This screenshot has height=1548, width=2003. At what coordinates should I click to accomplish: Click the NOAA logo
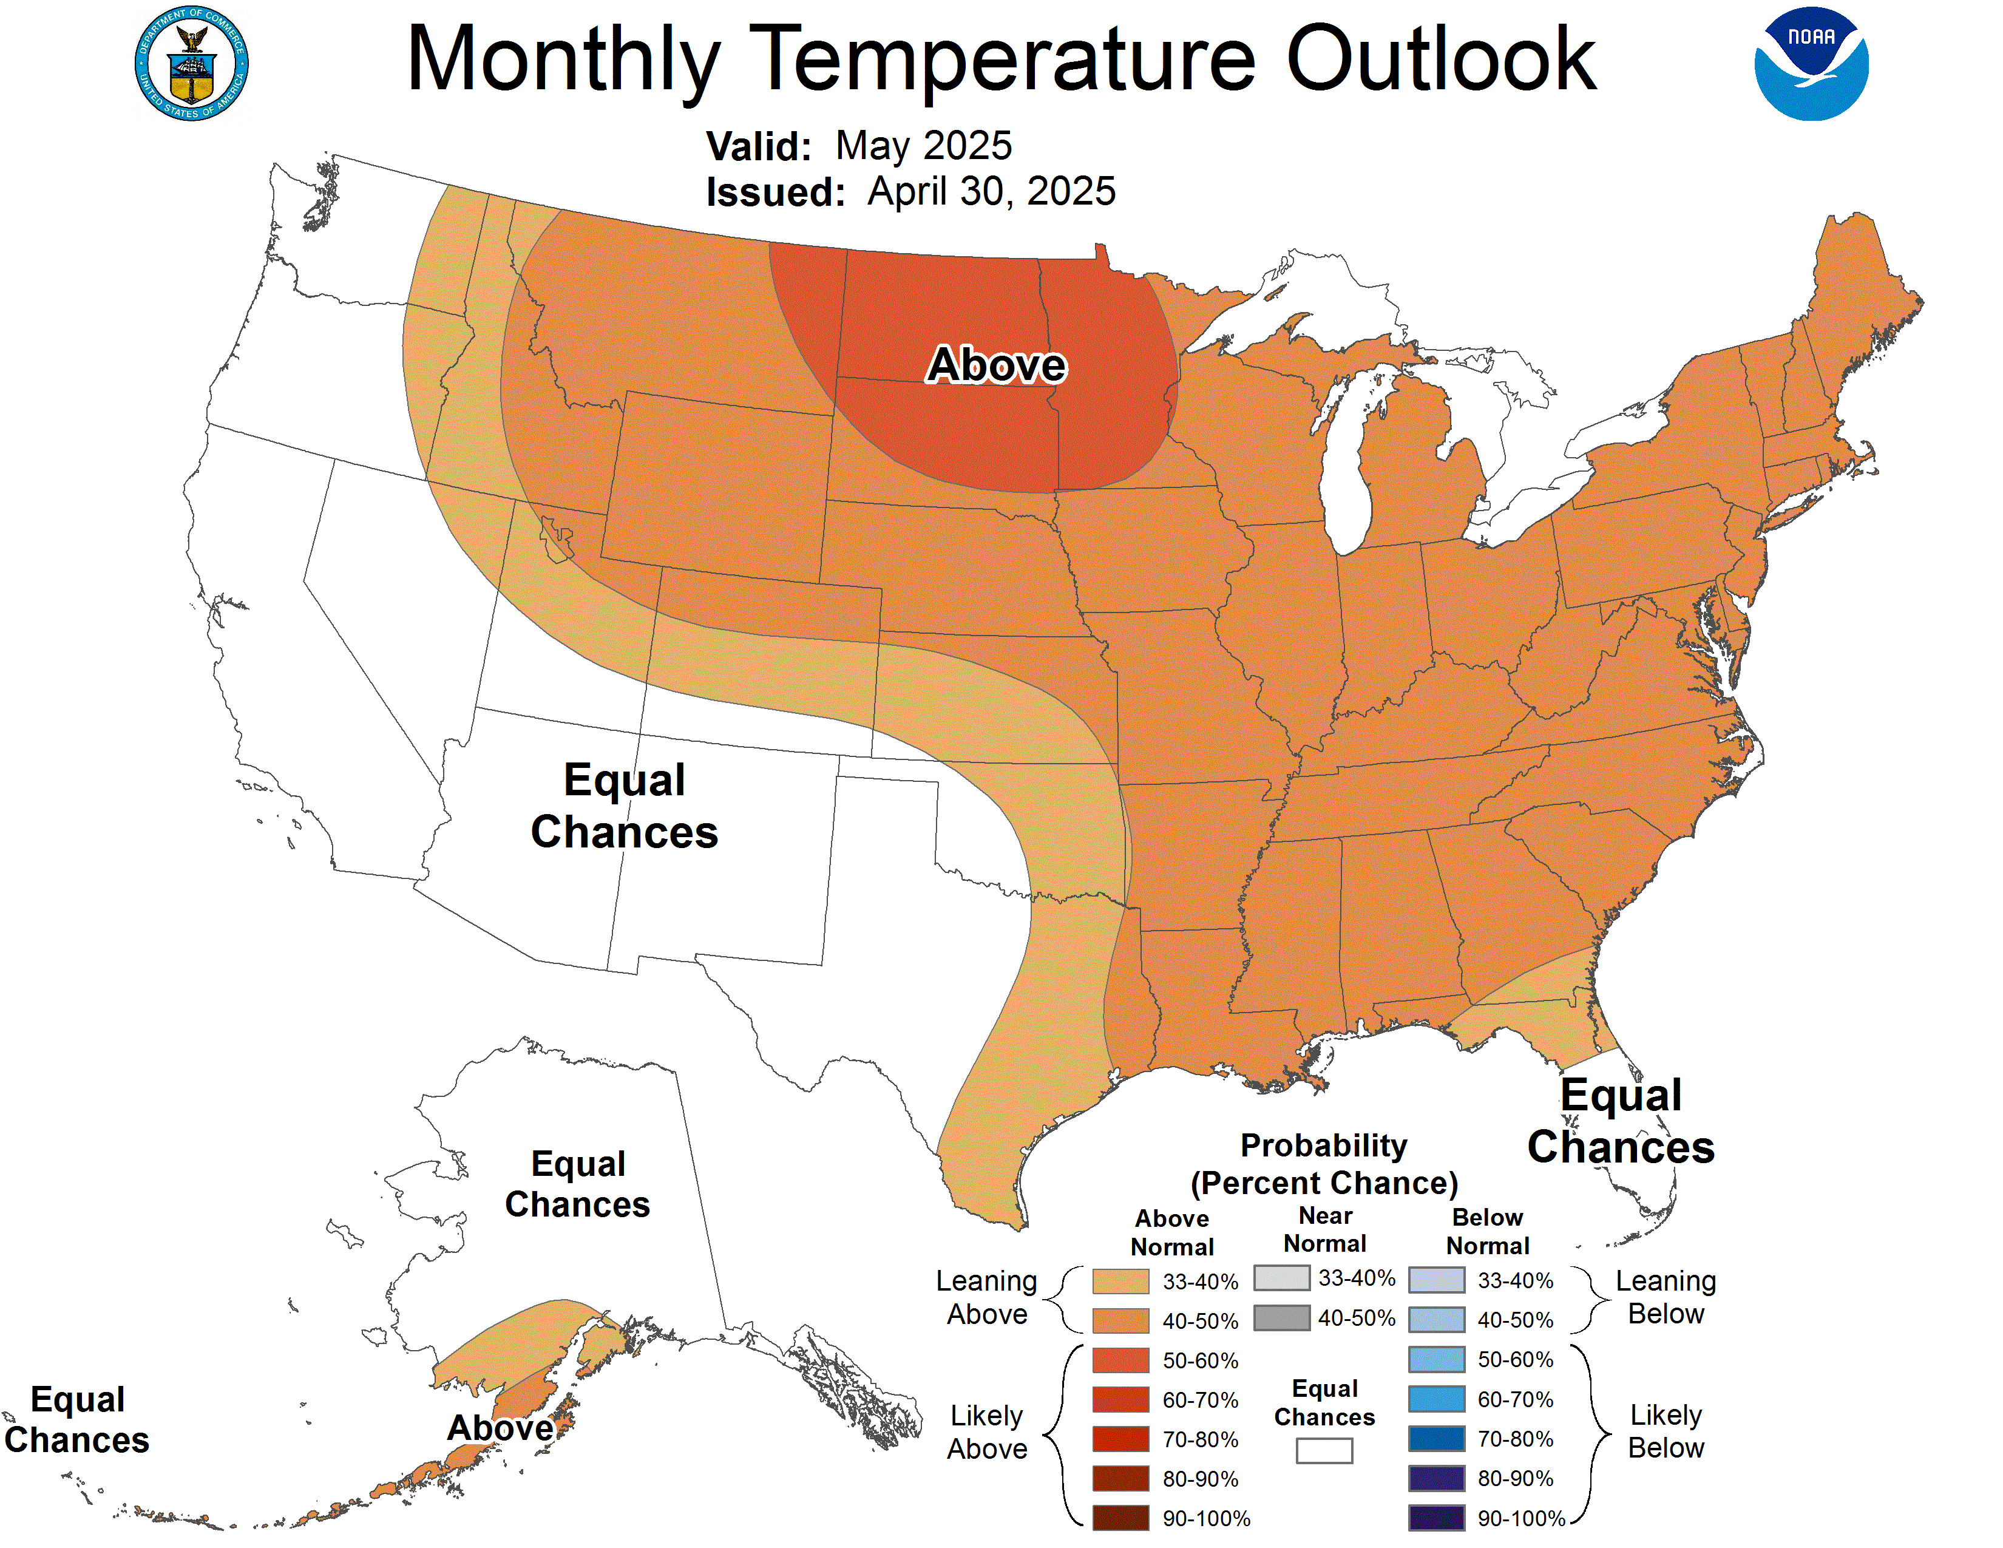[1811, 64]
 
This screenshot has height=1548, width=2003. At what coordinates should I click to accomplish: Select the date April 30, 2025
[991, 192]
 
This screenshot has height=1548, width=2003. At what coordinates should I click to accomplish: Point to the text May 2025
[924, 146]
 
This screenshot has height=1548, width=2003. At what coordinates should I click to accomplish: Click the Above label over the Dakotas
[996, 365]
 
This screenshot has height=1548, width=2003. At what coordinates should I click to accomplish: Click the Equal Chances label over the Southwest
[625, 806]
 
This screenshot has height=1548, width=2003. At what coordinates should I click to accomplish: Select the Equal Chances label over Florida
[1621, 1121]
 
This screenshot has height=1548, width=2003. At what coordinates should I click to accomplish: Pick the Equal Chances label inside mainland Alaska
[578, 1184]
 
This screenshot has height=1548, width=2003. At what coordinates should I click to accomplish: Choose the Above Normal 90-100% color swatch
[1120, 1518]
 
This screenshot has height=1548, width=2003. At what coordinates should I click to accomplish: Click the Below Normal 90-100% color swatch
[1436, 1518]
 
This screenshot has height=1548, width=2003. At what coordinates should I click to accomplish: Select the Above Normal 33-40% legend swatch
[1120, 1281]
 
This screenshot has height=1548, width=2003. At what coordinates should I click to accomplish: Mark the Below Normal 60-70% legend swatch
[1436, 1399]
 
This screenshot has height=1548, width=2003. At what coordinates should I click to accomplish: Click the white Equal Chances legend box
[1324, 1450]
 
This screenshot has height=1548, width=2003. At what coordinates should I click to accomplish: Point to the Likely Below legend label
[1666, 1431]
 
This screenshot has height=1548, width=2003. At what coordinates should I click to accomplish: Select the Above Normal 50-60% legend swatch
[1120, 1360]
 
